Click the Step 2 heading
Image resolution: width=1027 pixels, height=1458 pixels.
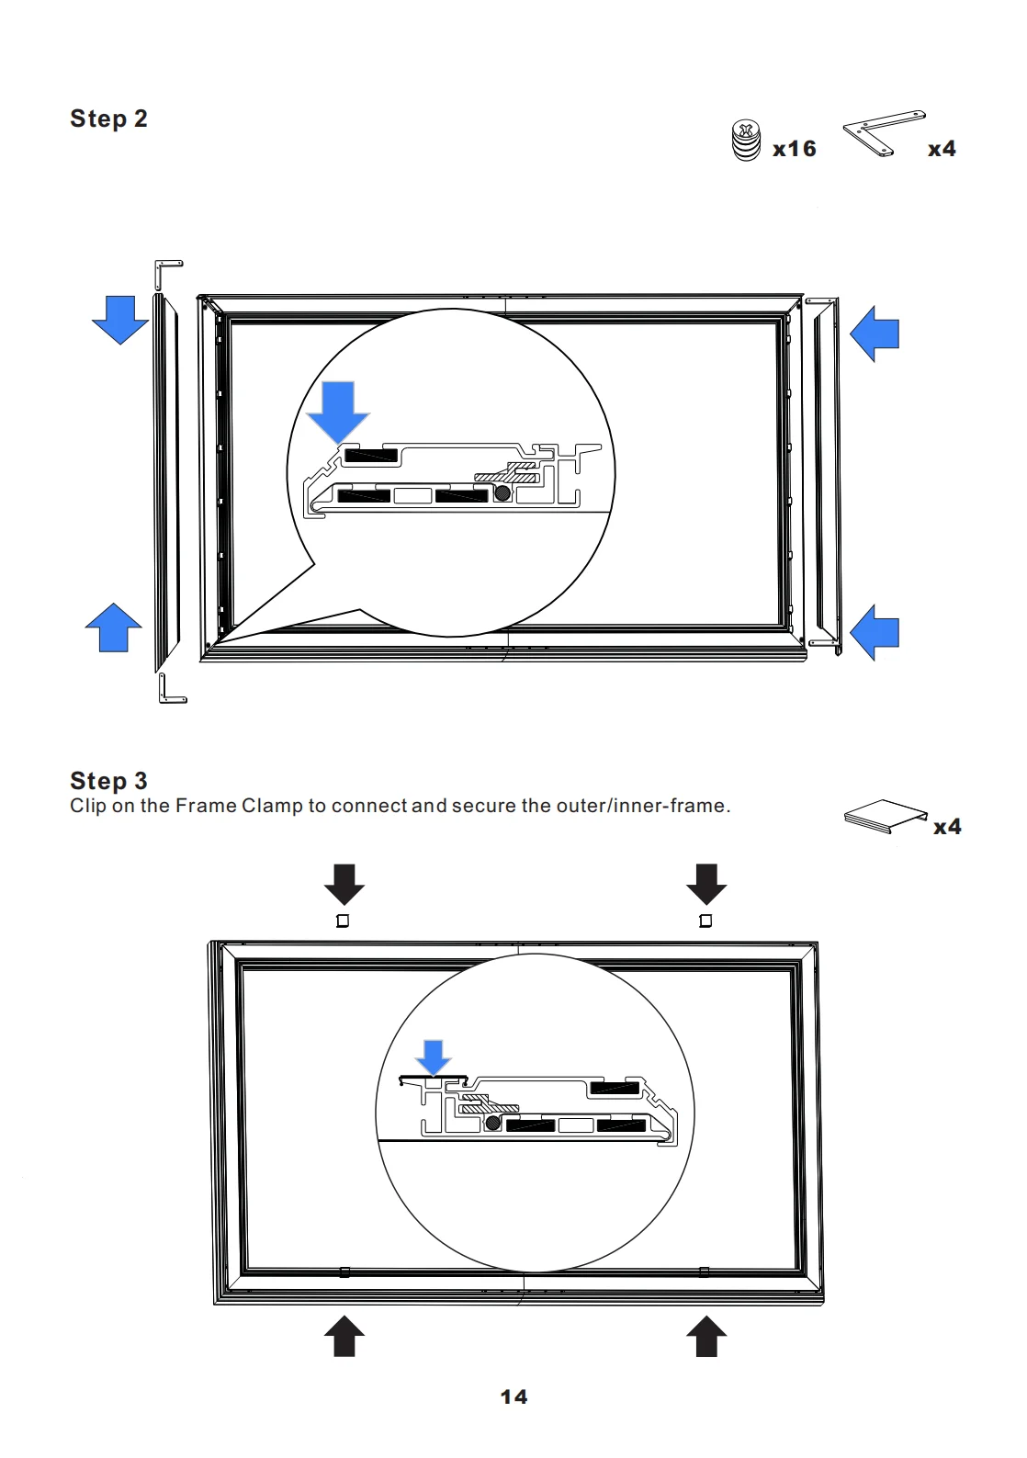pos(108,119)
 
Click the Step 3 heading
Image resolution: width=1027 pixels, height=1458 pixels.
pos(108,781)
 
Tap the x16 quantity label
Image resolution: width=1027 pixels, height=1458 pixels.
pos(795,149)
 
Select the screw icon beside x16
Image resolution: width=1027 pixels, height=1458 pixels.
pos(746,141)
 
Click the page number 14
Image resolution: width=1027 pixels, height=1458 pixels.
pos(513,1397)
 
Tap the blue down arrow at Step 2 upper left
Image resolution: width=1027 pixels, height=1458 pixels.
pos(120,319)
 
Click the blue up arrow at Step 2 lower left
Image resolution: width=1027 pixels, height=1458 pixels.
pos(113,627)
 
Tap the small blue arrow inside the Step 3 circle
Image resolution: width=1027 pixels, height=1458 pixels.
pos(433,1057)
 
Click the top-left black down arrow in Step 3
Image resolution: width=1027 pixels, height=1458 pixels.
pos(344,884)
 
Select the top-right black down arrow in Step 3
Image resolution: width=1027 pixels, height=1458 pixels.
pos(706,884)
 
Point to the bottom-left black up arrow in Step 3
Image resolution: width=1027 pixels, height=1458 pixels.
pos(344,1336)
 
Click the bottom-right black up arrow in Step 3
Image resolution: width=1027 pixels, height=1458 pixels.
pos(706,1336)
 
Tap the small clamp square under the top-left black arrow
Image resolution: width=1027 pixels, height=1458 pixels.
pos(343,921)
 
